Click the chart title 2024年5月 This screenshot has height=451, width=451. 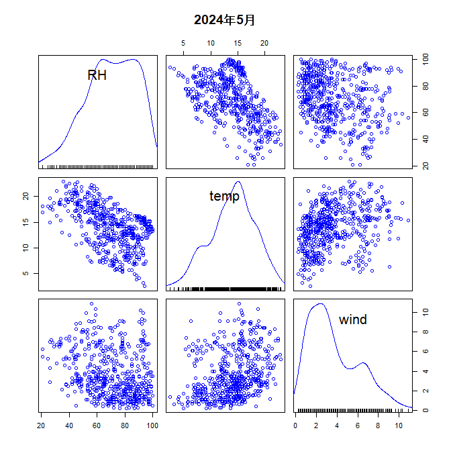point(225,20)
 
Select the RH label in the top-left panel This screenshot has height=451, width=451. point(97,75)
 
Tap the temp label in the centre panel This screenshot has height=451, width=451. point(224,196)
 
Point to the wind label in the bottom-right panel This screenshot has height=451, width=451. point(352,319)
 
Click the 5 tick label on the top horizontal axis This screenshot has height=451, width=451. point(183,44)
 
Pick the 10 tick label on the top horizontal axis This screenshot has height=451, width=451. point(210,44)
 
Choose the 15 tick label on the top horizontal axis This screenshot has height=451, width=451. point(238,44)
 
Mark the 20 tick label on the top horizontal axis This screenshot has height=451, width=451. point(264,44)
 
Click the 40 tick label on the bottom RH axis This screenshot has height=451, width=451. point(69,425)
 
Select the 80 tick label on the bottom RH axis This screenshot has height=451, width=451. point(125,425)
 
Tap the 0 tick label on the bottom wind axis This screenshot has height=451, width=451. point(295,425)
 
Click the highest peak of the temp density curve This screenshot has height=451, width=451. point(238,181)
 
